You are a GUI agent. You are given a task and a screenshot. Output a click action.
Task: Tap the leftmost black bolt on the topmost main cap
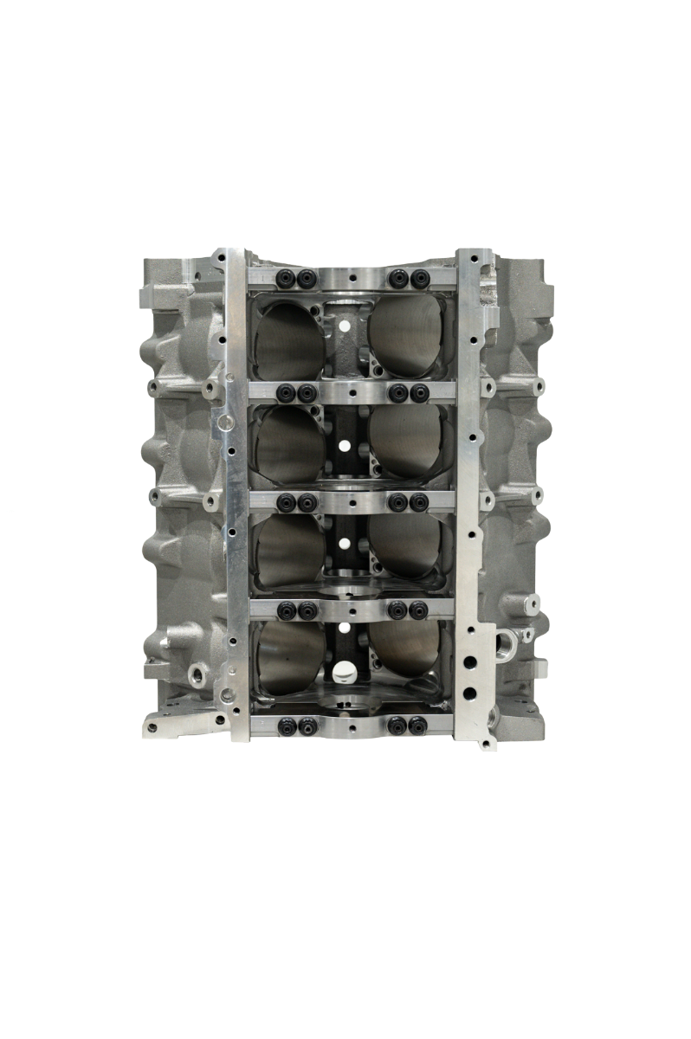point(284,279)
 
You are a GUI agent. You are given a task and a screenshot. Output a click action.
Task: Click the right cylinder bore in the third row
point(405,546)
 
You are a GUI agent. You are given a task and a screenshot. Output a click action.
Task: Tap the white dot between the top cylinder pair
point(345,327)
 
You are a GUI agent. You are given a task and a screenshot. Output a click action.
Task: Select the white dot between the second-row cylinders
point(345,446)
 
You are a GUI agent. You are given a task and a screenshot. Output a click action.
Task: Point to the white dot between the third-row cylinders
point(345,544)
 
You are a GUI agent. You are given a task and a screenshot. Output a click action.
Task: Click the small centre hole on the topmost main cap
point(352,279)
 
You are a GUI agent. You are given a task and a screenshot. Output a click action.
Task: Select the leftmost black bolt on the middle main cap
point(284,501)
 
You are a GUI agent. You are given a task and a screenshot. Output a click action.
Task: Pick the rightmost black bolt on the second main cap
point(420,394)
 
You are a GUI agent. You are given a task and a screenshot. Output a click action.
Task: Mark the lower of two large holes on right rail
point(468,693)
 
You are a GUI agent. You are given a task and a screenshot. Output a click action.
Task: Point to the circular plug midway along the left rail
point(225,424)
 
